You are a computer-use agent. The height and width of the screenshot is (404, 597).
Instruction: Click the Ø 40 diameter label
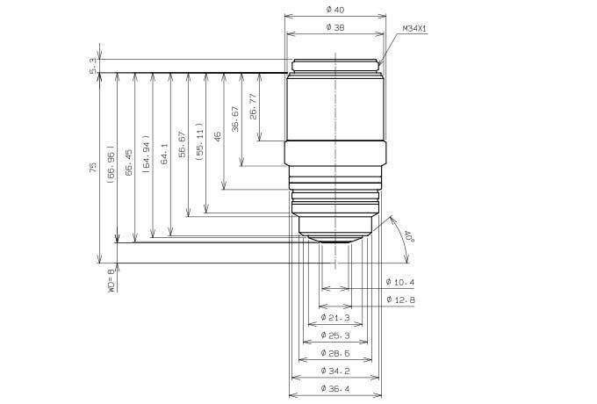[334, 9]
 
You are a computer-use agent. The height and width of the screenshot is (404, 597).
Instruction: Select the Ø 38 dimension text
[334, 27]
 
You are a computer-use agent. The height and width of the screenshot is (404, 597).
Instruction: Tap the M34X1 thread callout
[414, 29]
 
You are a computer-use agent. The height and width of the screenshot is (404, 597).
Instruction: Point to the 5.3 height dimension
[91, 65]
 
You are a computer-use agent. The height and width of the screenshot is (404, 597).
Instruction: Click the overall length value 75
[92, 167]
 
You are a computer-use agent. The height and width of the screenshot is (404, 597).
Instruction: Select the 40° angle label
[408, 237]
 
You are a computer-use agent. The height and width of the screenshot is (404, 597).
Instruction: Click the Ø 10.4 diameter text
[400, 282]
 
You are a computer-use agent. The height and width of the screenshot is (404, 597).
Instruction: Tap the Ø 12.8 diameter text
[400, 299]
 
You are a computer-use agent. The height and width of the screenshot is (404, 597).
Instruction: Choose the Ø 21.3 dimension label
[334, 317]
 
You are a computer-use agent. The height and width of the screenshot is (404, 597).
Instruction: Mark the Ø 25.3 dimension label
[334, 335]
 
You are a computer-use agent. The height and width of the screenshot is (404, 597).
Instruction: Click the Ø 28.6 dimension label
[334, 352]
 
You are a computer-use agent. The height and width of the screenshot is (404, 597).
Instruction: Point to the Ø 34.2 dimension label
[334, 370]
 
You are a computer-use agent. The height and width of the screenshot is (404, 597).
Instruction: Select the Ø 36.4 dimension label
[334, 387]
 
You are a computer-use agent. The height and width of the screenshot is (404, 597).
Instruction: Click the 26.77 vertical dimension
[253, 106]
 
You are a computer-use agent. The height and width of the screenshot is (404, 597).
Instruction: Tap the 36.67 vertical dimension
[234, 119]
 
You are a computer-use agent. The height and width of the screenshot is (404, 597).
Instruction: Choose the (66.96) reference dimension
[111, 164]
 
